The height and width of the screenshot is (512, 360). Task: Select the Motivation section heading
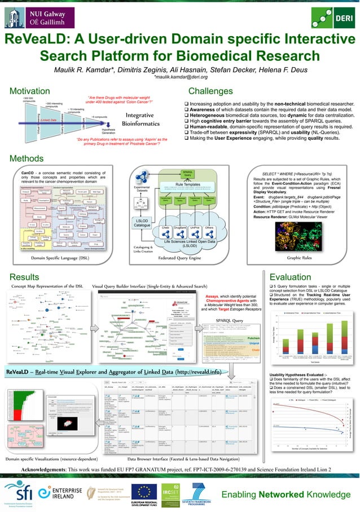pos(32,92)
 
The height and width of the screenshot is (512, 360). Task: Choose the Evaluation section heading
pos(293,277)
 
